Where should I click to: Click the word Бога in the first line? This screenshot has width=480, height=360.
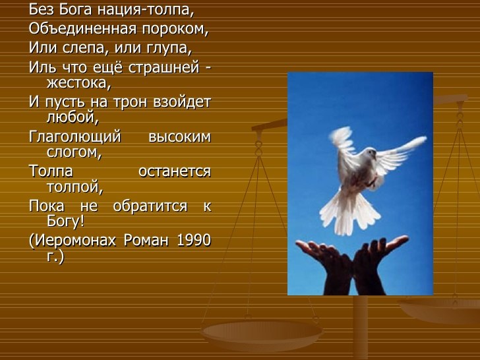75,9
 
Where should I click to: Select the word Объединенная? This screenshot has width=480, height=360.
82,28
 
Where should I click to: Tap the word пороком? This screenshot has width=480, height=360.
175,30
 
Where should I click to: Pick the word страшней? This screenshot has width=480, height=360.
164,68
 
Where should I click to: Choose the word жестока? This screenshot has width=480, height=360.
78,83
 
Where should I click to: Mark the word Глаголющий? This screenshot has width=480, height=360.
75,137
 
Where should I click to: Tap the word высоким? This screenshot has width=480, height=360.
180,137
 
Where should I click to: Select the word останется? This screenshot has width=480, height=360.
175,171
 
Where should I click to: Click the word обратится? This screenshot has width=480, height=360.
150,206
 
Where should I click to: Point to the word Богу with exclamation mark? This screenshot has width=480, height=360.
65,221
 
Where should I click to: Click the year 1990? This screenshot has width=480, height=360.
194,240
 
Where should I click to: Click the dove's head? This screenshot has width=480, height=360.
371,153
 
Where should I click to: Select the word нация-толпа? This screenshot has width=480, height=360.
146,10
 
